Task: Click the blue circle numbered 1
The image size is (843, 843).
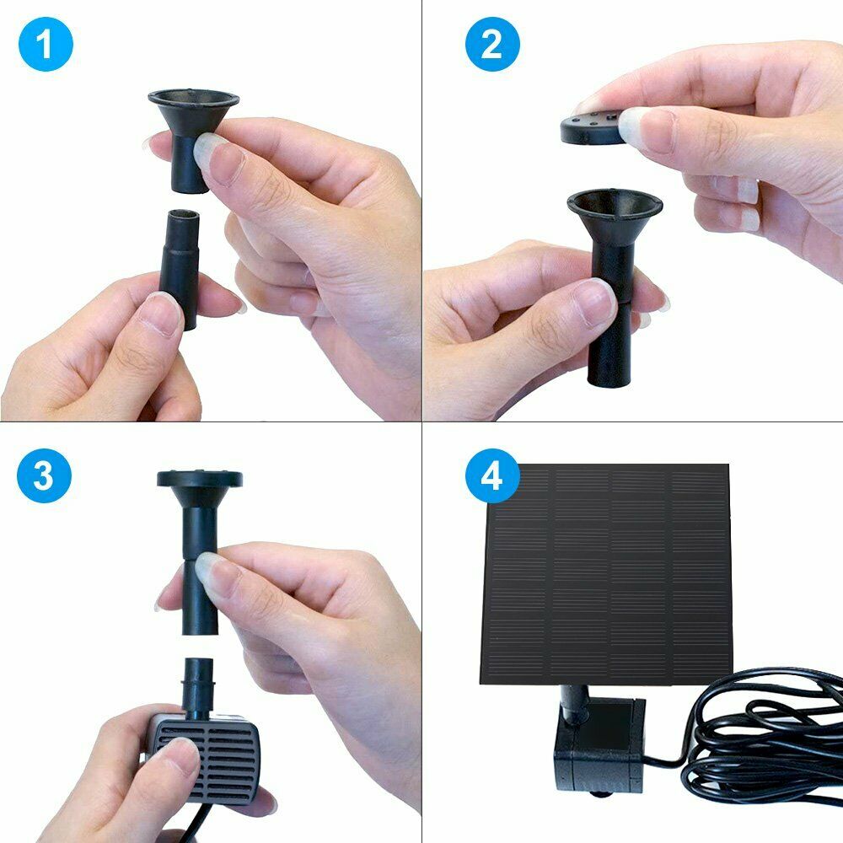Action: [46, 44]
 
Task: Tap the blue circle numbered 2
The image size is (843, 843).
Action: [492, 44]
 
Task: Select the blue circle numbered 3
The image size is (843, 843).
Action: [44, 475]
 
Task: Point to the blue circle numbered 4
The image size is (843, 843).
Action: [492, 475]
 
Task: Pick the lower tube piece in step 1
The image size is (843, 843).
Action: [180, 269]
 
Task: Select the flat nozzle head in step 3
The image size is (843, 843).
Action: [200, 479]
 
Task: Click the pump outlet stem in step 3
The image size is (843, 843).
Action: [199, 688]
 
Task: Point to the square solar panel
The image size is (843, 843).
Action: [605, 574]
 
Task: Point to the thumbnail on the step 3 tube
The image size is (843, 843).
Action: [213, 574]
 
